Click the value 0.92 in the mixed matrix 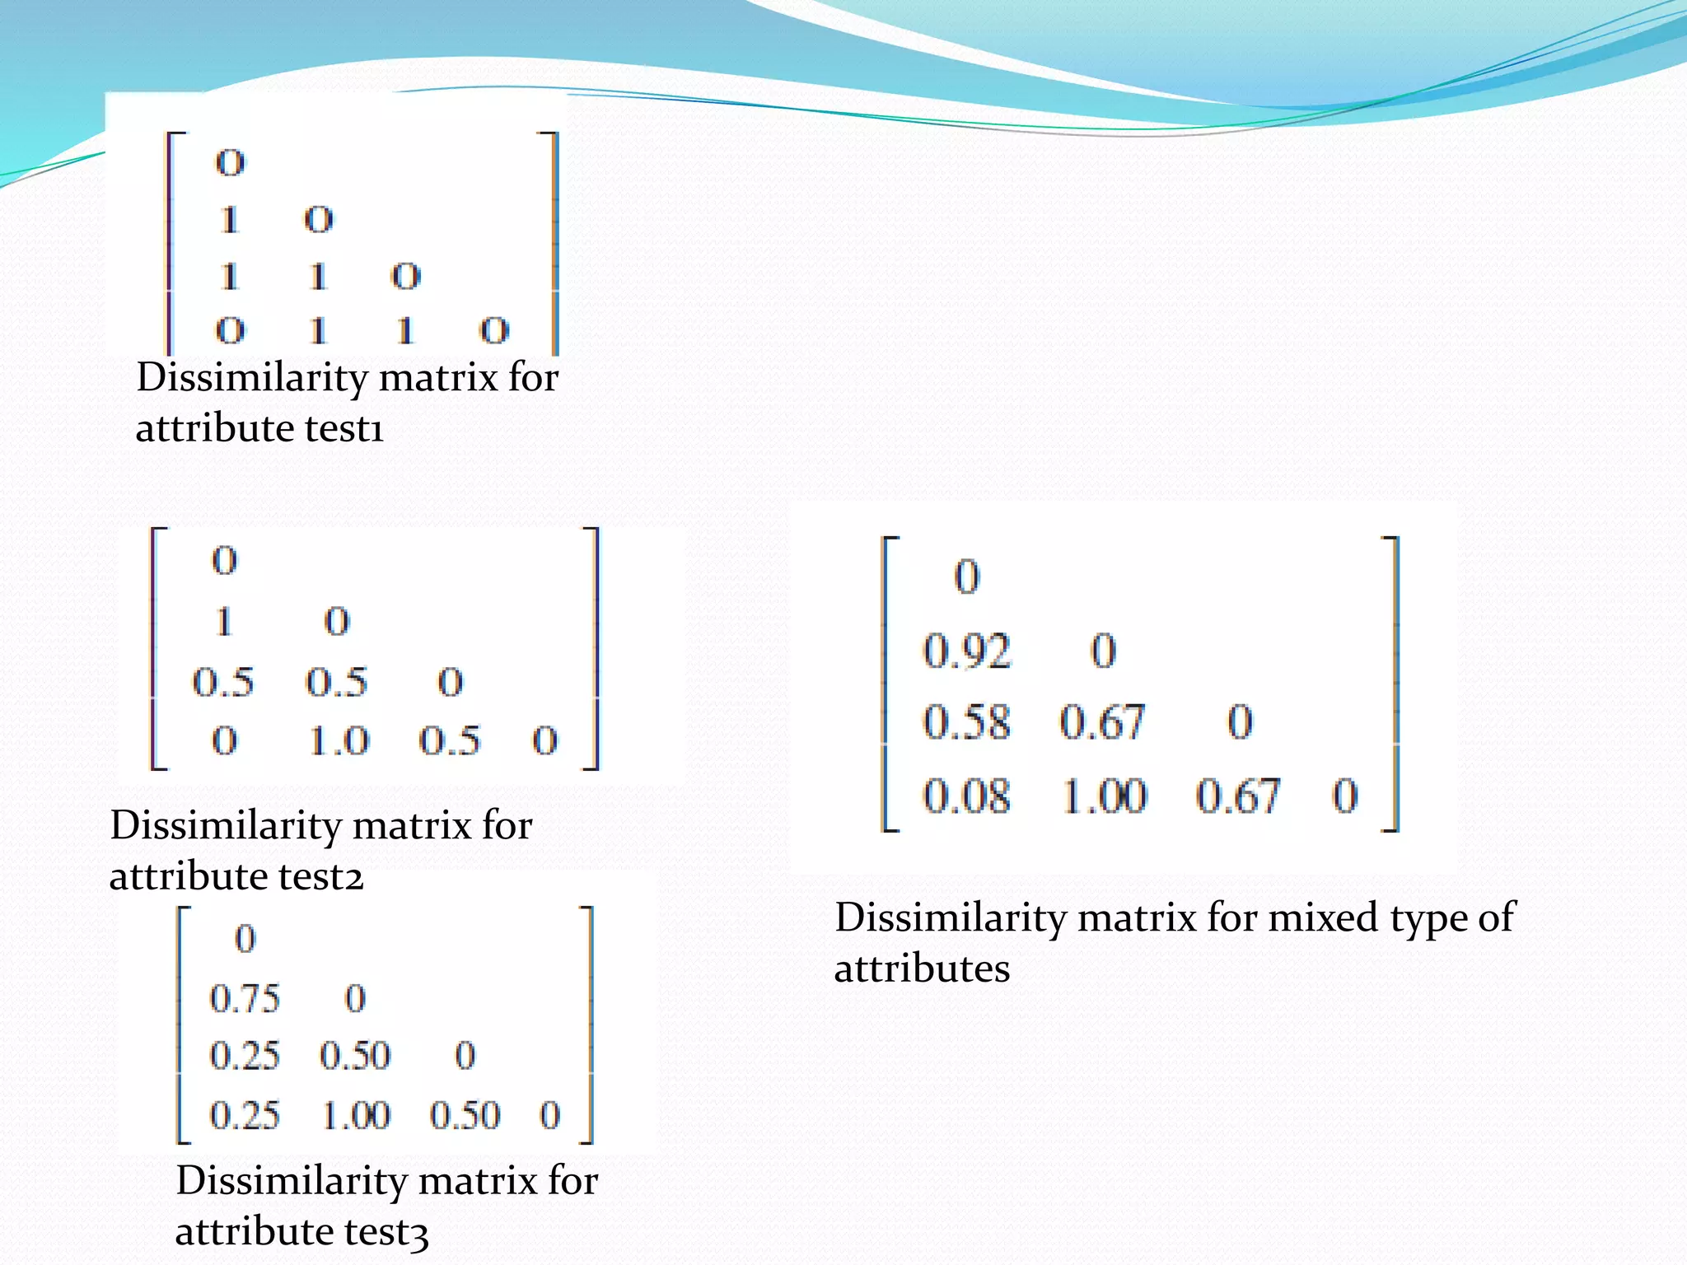[x=966, y=651]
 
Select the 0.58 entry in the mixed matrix [x=966, y=722]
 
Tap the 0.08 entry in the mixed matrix [x=966, y=796]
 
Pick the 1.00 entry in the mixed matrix [x=1104, y=796]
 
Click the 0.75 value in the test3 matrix [x=245, y=999]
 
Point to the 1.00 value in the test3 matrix [x=356, y=1116]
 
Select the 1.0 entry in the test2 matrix [x=339, y=741]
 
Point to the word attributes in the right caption [x=922, y=969]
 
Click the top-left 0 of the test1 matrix [x=230, y=162]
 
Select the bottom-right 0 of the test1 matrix [x=494, y=331]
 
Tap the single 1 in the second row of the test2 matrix [x=224, y=621]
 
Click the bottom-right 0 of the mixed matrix [x=1344, y=796]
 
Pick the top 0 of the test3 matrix [x=245, y=939]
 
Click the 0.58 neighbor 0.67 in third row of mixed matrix [x=1102, y=722]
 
